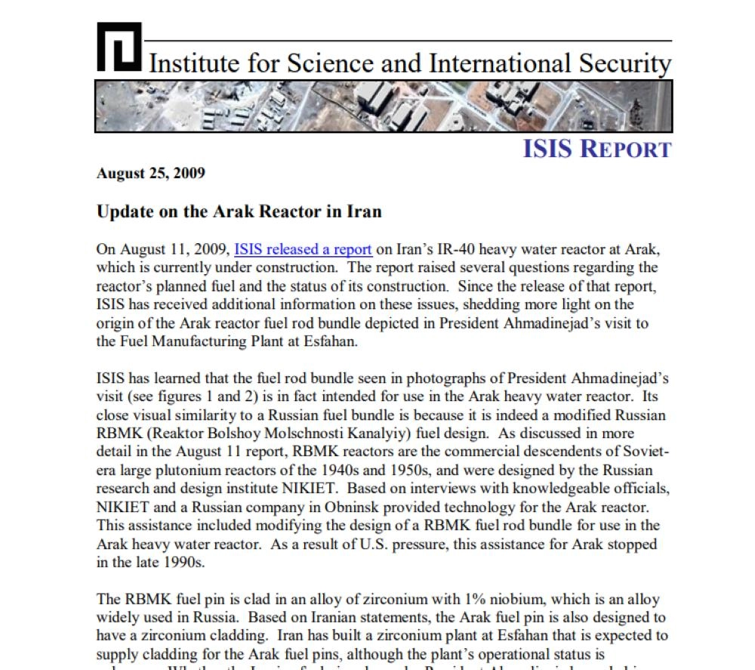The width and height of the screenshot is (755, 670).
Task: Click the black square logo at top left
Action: coord(119,47)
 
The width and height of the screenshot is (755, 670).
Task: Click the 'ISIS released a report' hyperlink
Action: coord(303,250)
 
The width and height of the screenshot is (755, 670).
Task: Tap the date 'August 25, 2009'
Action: coord(151,174)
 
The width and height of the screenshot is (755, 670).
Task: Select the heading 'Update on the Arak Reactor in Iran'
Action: coord(239,211)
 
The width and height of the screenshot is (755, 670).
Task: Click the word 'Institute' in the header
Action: coord(196,63)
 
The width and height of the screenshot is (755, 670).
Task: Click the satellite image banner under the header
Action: coord(384,107)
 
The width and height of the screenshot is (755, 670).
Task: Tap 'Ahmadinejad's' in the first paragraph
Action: coord(541,323)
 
